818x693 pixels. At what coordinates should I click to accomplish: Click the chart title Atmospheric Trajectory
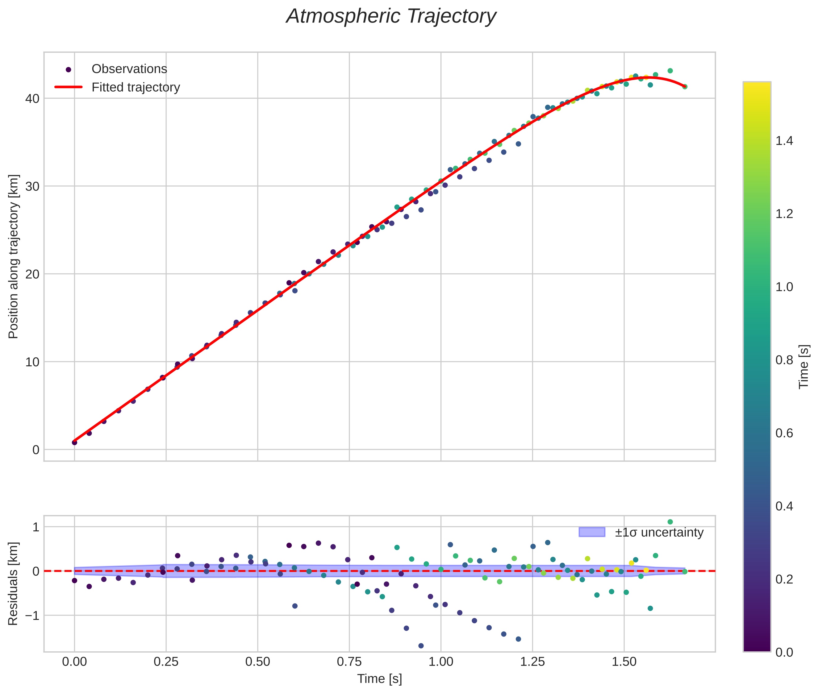point(391,16)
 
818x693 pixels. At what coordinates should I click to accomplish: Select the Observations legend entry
point(129,69)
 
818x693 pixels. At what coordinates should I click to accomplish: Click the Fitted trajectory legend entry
point(136,87)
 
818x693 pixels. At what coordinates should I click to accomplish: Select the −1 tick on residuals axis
point(30,615)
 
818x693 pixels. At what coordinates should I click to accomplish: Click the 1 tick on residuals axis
point(36,527)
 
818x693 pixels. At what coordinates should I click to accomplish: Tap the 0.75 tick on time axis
point(349,662)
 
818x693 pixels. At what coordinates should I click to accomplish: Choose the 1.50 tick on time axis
point(624,662)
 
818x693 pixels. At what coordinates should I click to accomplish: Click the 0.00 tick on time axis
point(74,662)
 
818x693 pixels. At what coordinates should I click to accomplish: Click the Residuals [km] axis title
point(13,583)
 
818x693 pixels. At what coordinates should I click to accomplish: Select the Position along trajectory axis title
point(13,256)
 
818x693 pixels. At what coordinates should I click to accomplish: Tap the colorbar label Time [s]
point(804,367)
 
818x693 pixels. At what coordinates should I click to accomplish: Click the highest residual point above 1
point(670,522)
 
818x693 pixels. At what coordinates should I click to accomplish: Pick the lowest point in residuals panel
point(421,645)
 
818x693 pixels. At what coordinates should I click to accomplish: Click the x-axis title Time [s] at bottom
point(379,679)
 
